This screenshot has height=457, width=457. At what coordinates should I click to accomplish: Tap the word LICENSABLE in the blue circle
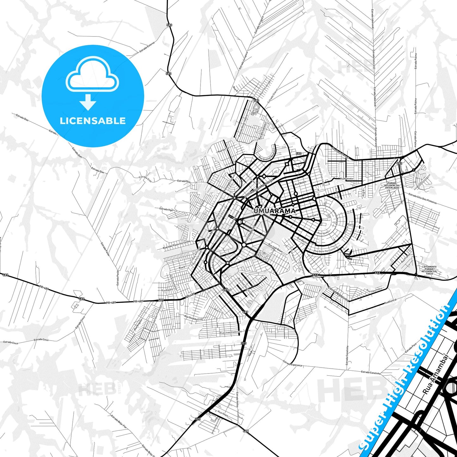pos(93,121)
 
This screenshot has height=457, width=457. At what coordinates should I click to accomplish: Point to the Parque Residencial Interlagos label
pos(392,185)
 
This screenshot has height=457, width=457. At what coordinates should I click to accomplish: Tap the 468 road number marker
pos(246,431)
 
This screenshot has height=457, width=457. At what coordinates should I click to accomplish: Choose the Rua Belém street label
pos(300,183)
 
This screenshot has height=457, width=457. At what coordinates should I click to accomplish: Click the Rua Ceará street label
pos(313,216)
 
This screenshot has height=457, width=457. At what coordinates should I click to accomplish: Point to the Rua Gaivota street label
pos(346,179)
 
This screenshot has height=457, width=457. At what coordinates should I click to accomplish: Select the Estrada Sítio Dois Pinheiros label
pos(423,199)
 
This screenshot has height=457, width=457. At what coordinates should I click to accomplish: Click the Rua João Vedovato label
pos(231,332)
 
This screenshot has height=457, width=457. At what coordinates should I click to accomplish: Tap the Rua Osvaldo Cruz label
pos(193,318)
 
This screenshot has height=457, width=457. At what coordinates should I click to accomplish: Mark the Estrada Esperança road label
pos(293,364)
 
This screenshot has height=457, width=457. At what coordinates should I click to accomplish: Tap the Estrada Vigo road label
pos(166,209)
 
